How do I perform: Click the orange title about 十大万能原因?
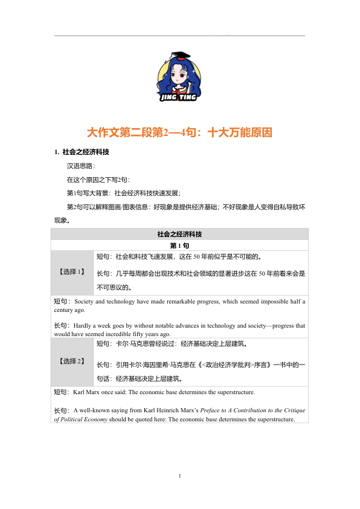click(x=179, y=132)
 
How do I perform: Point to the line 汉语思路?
click(x=80, y=166)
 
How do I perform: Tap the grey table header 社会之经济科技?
click(x=179, y=234)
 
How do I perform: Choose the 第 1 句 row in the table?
click(x=179, y=246)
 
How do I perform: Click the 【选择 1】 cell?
click(x=72, y=272)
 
